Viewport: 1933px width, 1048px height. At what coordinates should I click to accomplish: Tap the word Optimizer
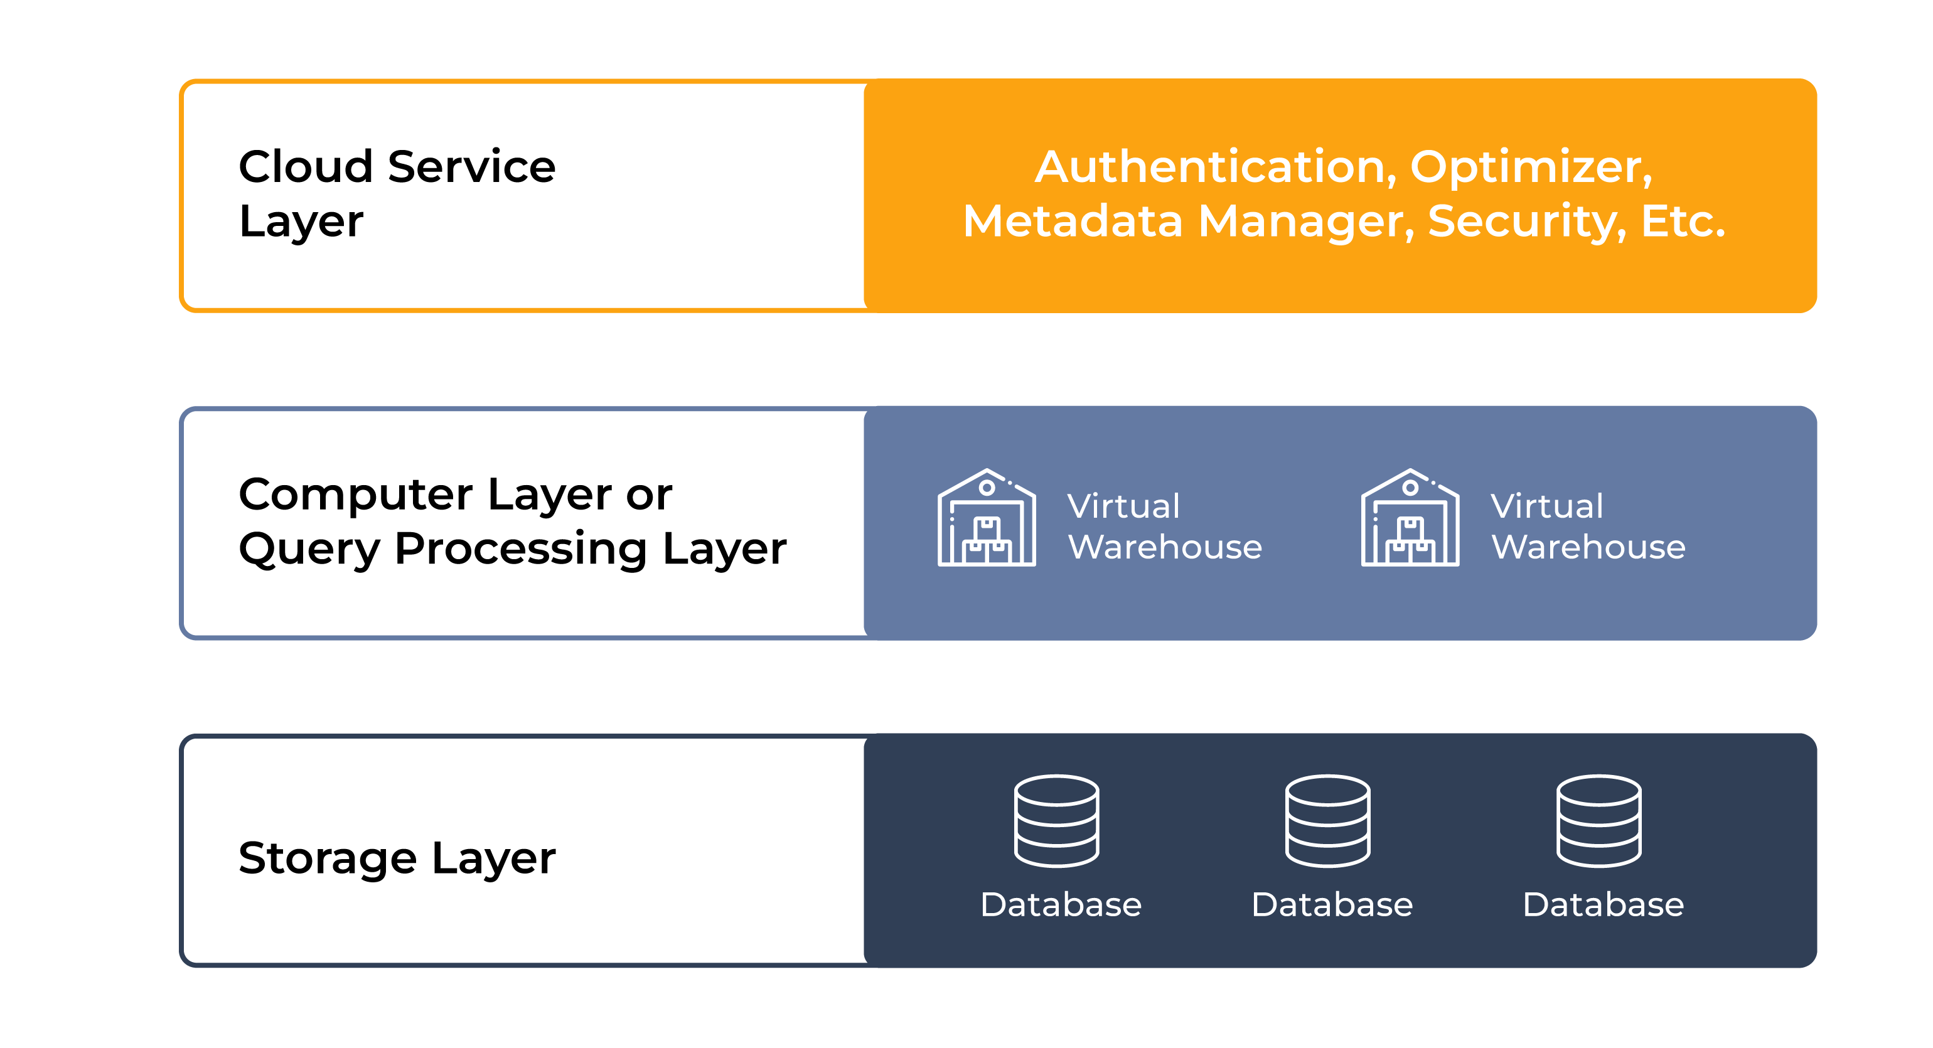(1531, 168)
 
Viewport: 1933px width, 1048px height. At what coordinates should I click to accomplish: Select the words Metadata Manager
(1188, 222)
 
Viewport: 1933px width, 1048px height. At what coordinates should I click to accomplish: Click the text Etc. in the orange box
(1683, 222)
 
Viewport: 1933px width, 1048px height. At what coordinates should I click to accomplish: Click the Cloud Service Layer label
(396, 193)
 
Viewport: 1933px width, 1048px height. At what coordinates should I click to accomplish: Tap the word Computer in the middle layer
(355, 496)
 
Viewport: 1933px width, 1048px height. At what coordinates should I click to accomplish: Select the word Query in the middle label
(310, 550)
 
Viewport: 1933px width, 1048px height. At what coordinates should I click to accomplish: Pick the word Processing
(521, 550)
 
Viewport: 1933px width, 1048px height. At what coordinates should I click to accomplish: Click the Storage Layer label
(397, 858)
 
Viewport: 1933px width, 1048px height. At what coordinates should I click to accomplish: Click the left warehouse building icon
(987, 518)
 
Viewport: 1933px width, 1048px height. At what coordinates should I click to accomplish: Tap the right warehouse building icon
(1410, 518)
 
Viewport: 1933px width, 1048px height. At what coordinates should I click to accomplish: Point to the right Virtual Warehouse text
(1588, 526)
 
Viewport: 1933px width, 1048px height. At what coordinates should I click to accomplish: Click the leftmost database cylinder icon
(1056, 821)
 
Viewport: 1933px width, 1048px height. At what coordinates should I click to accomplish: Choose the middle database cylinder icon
(1327, 821)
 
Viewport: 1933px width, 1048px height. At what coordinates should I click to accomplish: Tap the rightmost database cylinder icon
(1598, 821)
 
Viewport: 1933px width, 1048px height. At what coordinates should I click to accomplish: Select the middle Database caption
(1332, 905)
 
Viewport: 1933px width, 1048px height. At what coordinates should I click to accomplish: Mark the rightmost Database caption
(1603, 905)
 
